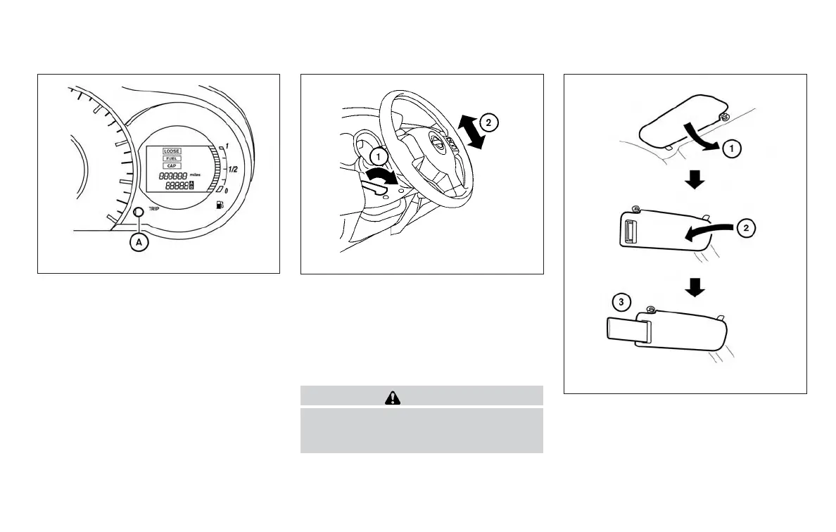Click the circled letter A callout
coord(140,241)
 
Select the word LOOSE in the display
coord(172,151)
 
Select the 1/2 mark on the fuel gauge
coord(232,170)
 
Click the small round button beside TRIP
coord(139,212)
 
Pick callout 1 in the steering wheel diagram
coord(379,156)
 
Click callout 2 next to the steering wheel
coord(488,122)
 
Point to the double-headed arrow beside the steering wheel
coord(469,132)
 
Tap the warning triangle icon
coord(392,398)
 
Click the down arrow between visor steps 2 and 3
coord(695,288)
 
